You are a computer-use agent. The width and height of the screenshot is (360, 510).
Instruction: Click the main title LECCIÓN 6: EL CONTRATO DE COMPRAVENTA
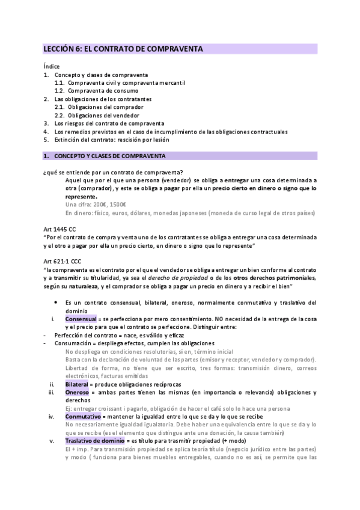pyautogui.click(x=123, y=48)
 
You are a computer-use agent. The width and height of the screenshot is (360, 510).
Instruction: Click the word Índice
pyautogui.click(x=52, y=66)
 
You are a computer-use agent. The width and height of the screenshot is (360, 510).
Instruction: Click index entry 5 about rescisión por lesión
pyautogui.click(x=112, y=140)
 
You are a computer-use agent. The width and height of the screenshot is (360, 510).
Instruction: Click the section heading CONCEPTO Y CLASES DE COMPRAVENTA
pyautogui.click(x=109, y=156)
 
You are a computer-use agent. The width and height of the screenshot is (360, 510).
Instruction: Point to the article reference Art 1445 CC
pyautogui.click(x=59, y=229)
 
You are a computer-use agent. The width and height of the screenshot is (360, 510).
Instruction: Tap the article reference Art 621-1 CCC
pyautogui.click(x=63, y=262)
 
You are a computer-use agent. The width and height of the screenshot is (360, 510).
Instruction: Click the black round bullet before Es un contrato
pyautogui.click(x=56, y=302)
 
